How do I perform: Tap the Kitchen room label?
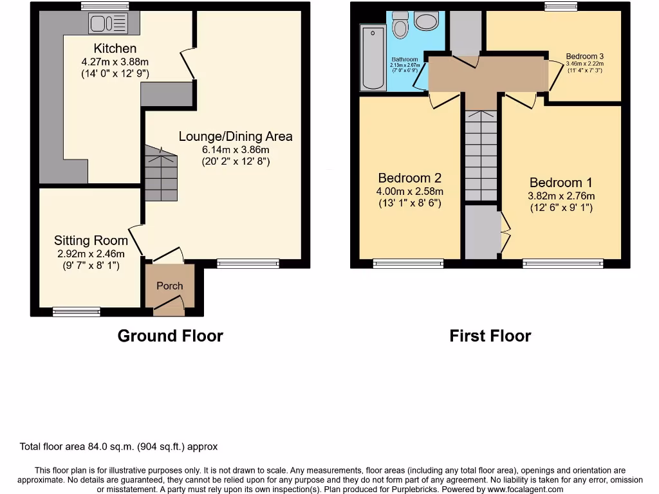[115, 48]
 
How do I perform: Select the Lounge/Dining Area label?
[236, 136]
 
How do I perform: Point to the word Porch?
[170, 286]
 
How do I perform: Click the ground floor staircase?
[160, 174]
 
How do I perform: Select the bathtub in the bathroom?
[373, 57]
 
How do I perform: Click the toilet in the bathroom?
[400, 25]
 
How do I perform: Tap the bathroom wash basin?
[426, 21]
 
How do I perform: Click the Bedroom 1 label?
[561, 183]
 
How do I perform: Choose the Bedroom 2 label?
[410, 178]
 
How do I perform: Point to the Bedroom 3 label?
[584, 56]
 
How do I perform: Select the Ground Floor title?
[170, 336]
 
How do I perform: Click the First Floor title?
[490, 336]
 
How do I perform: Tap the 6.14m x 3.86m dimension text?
[236, 149]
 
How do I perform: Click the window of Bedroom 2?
[408, 263]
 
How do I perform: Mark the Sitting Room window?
[76, 312]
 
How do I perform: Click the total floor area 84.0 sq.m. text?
[119, 446]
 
